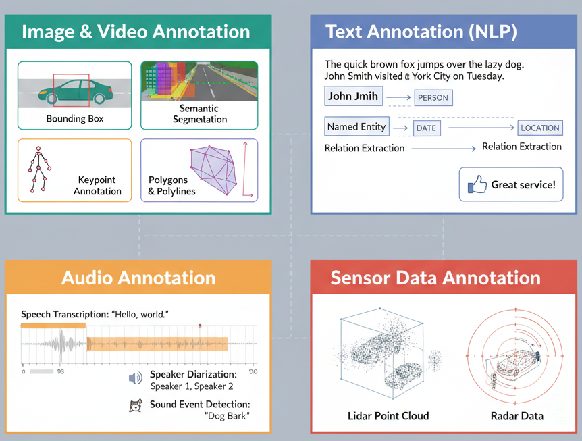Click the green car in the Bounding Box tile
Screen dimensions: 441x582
tap(75, 90)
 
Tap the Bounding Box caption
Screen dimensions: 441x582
tap(75, 119)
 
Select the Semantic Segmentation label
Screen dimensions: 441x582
tap(199, 113)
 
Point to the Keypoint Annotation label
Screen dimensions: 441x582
tap(97, 186)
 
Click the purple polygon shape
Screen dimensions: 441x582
tap(215, 170)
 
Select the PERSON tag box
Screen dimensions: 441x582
tap(433, 97)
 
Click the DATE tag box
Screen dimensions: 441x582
tap(426, 128)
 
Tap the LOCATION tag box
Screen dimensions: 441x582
tap(539, 128)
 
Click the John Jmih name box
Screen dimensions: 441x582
tap(353, 96)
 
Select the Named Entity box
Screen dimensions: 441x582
tap(356, 126)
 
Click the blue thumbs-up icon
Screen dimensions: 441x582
tap(476, 184)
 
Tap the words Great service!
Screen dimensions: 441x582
tap(523, 184)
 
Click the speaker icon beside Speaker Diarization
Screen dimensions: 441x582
tap(135, 379)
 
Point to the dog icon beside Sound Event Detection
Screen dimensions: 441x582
tap(136, 405)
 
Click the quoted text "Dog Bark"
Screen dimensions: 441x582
tap(227, 415)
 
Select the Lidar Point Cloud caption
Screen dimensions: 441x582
tap(388, 415)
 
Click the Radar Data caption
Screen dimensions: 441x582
tap(517, 415)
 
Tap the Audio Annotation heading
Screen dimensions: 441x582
tap(138, 278)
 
